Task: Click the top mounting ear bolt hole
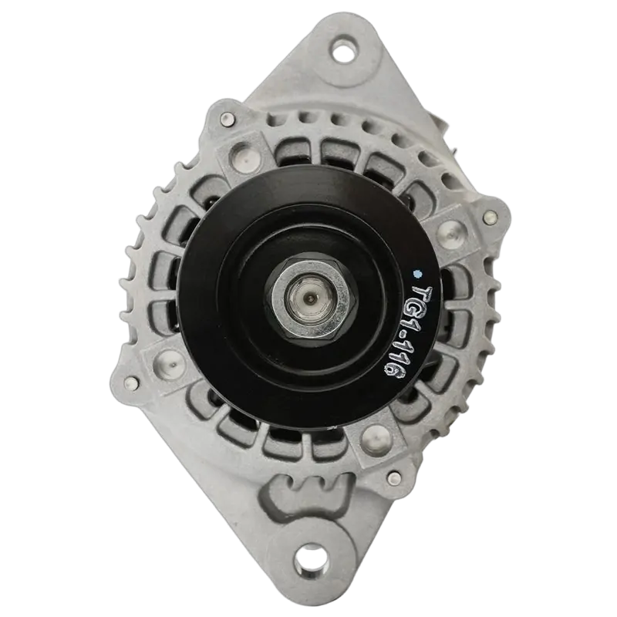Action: click(345, 49)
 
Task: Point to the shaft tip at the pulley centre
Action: click(311, 300)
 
